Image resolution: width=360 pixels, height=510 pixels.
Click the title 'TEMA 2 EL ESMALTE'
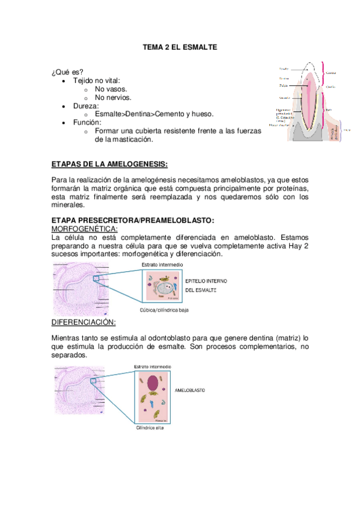pos(180,46)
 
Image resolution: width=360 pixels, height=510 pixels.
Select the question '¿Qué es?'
pos(68,72)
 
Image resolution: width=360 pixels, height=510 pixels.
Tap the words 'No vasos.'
pos(111,88)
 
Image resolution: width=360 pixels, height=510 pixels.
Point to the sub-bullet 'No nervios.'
pos(113,97)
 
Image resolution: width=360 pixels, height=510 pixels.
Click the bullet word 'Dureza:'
pos(86,105)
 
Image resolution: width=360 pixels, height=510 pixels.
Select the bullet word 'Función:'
pos(87,122)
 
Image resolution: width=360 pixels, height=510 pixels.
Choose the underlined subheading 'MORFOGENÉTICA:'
pos(85,229)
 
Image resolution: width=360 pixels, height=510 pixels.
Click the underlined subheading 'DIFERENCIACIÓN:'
pos(84,322)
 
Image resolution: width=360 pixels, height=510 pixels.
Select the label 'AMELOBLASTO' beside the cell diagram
pos(189,390)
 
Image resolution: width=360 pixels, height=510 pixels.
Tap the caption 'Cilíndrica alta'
pos(150,428)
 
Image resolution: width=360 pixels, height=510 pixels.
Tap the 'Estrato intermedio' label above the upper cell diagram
pos(162,265)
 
